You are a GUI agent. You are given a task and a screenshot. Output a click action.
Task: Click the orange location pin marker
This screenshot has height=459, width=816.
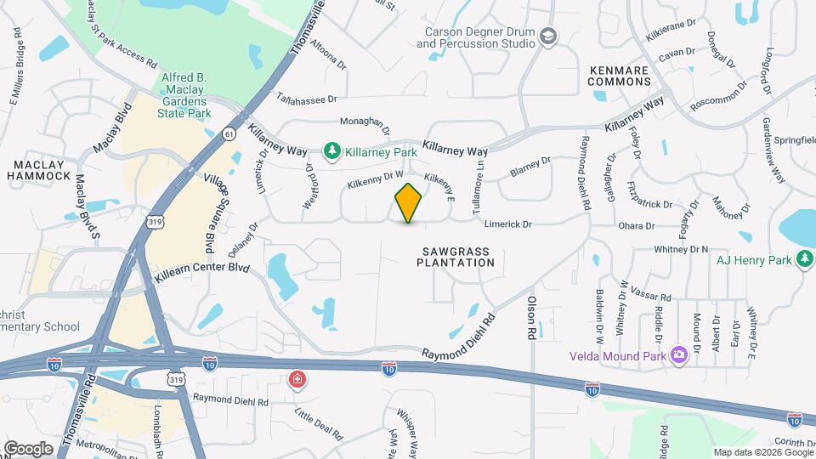coord(409,202)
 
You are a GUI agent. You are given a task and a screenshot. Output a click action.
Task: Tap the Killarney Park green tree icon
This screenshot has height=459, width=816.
coord(331,151)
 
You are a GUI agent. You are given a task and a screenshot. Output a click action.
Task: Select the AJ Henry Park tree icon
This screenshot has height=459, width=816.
coord(804,258)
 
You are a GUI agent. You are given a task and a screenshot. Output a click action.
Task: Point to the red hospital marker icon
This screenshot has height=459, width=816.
coord(297,377)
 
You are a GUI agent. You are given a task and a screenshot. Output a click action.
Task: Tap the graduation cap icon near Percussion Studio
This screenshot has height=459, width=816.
coord(548,36)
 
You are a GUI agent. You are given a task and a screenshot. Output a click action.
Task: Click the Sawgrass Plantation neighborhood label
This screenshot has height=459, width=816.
coord(456,257)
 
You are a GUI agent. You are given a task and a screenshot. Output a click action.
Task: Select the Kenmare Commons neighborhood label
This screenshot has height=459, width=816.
coord(619,76)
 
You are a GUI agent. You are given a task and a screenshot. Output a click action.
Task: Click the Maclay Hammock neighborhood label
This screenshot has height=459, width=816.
coord(39,168)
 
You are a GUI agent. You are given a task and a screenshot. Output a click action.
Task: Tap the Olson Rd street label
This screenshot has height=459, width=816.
coord(532,319)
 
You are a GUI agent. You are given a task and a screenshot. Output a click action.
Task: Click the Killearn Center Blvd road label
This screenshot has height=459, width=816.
coord(201,272)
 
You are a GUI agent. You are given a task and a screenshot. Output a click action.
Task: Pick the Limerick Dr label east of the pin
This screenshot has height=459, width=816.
coord(507,224)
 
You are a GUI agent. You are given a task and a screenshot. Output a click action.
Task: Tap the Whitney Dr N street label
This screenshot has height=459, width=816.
coord(681,249)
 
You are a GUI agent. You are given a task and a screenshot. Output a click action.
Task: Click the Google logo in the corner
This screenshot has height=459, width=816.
coord(28,448)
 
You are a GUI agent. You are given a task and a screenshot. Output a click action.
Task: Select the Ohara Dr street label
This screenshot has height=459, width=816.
coord(637,226)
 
